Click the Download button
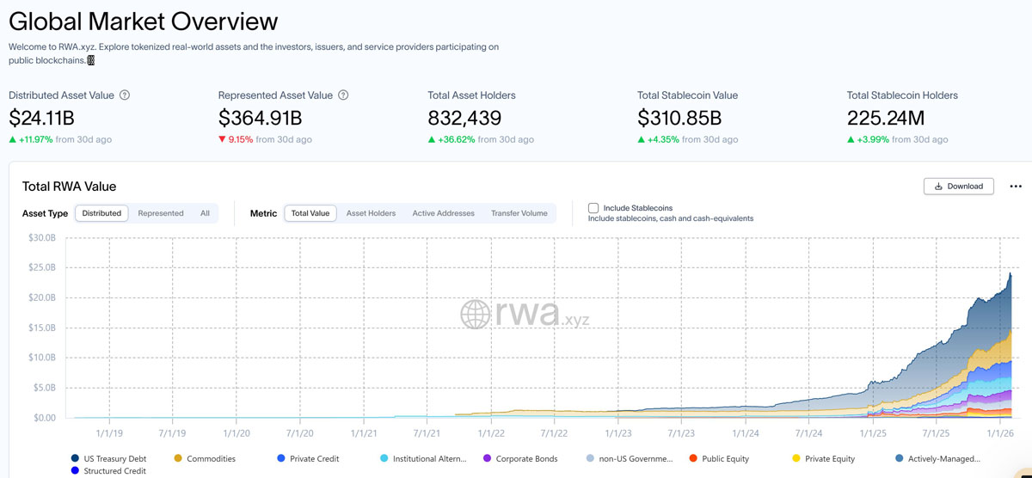[958, 186]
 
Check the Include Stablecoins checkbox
[593, 208]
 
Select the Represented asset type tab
[161, 213]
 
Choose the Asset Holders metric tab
[371, 213]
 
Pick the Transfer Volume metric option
[519, 213]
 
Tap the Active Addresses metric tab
[443, 213]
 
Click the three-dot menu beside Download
[1016, 186]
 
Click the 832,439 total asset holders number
[464, 118]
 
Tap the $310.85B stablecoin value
[679, 118]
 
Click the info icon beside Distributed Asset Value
[125, 95]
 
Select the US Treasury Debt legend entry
[113, 458]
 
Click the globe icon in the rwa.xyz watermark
[476, 314]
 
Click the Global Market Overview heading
[144, 21]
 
